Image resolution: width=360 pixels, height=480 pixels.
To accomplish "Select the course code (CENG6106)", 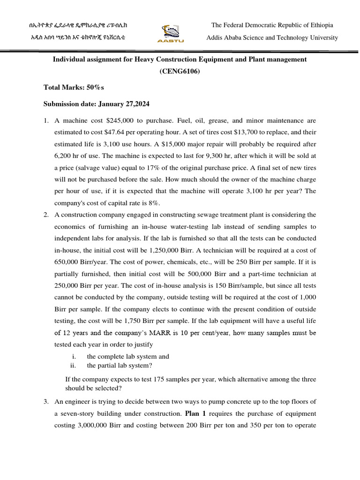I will [180, 71].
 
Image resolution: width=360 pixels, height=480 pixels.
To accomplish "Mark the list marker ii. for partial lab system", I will [73, 366].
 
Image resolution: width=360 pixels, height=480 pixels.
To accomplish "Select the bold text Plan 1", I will [195, 414].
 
